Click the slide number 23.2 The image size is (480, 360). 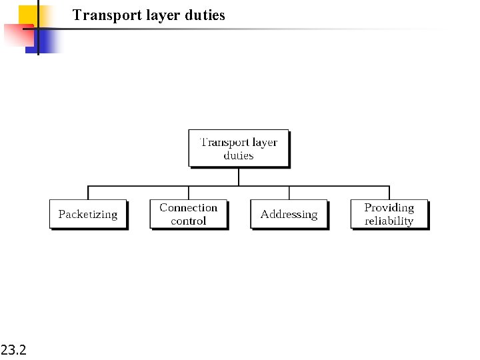(14, 349)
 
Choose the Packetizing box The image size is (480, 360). (88, 214)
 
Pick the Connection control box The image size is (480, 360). (189, 214)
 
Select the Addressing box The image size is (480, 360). (289, 214)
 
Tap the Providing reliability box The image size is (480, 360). (389, 214)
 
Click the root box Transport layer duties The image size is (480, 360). (239, 148)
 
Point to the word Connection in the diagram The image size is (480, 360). (189, 208)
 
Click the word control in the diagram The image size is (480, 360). (189, 221)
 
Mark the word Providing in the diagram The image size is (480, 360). (389, 208)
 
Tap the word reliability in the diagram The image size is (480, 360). (389, 221)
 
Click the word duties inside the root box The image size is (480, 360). (239, 155)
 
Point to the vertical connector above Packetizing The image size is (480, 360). (88, 193)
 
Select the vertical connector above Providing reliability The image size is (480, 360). (389, 193)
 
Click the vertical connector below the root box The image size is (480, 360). (239, 176)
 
